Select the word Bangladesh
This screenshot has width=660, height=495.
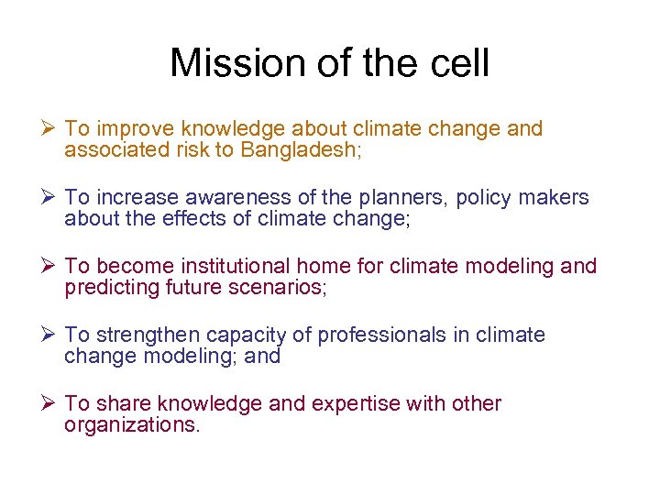point(302,150)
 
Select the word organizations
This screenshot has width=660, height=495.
point(131,425)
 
